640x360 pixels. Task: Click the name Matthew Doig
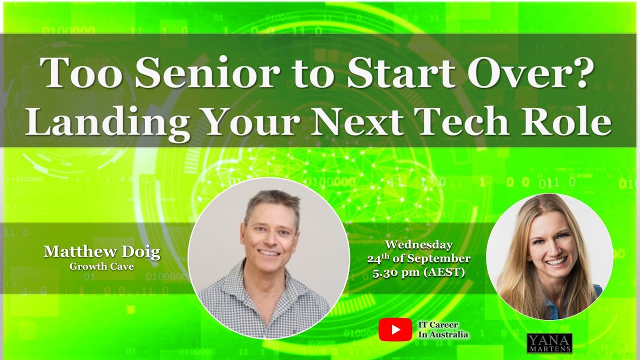coord(101,251)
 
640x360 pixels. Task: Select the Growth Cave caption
coord(101,266)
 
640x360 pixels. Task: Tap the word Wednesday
coord(419,245)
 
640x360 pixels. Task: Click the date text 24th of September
coord(419,258)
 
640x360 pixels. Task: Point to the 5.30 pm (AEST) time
coord(419,273)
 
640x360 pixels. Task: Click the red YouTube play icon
coord(395,329)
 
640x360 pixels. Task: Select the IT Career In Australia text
coord(443,329)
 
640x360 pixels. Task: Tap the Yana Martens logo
coord(549,343)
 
